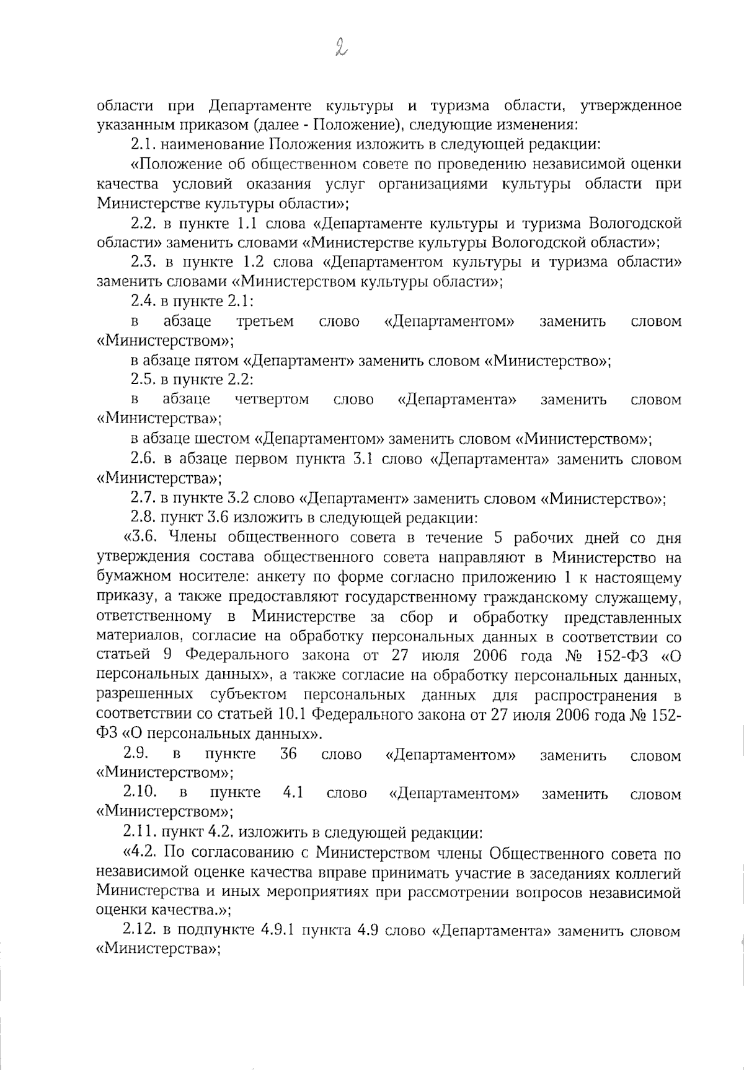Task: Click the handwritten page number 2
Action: point(340,46)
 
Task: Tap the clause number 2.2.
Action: point(143,223)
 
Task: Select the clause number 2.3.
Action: point(143,262)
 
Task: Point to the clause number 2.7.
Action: point(143,498)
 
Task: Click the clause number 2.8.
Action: point(143,517)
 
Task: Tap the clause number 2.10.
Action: point(139,792)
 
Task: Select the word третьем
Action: point(265,322)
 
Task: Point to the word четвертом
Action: point(272,400)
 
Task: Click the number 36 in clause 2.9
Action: point(289,754)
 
